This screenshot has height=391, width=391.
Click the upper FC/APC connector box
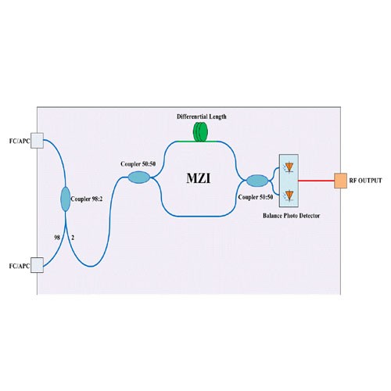click(x=37, y=141)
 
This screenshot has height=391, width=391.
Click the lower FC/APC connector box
click(x=37, y=265)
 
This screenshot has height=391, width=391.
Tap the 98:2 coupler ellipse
click(x=66, y=199)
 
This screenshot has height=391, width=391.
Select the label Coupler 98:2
click(x=87, y=199)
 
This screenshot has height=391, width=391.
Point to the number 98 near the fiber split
click(x=57, y=238)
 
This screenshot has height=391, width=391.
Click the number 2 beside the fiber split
click(x=73, y=238)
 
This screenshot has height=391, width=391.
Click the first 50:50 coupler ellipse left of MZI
click(x=139, y=178)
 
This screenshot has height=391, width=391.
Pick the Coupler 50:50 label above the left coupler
click(x=138, y=164)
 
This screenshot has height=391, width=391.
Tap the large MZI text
click(x=199, y=178)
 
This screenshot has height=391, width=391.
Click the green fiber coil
click(x=200, y=132)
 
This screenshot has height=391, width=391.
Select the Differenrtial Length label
click(x=202, y=117)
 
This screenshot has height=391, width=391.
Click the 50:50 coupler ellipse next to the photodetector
click(x=257, y=181)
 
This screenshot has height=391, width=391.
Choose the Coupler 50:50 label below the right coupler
click(x=256, y=197)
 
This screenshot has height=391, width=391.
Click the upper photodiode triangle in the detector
click(x=289, y=167)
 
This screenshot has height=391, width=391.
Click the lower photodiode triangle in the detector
click(x=289, y=195)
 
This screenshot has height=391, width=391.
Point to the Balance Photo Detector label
click(x=291, y=216)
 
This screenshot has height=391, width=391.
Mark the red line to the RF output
click(x=317, y=181)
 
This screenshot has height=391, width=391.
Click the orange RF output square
click(x=341, y=181)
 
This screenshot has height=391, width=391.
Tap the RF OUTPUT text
click(x=365, y=181)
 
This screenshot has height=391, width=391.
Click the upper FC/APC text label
click(x=20, y=141)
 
